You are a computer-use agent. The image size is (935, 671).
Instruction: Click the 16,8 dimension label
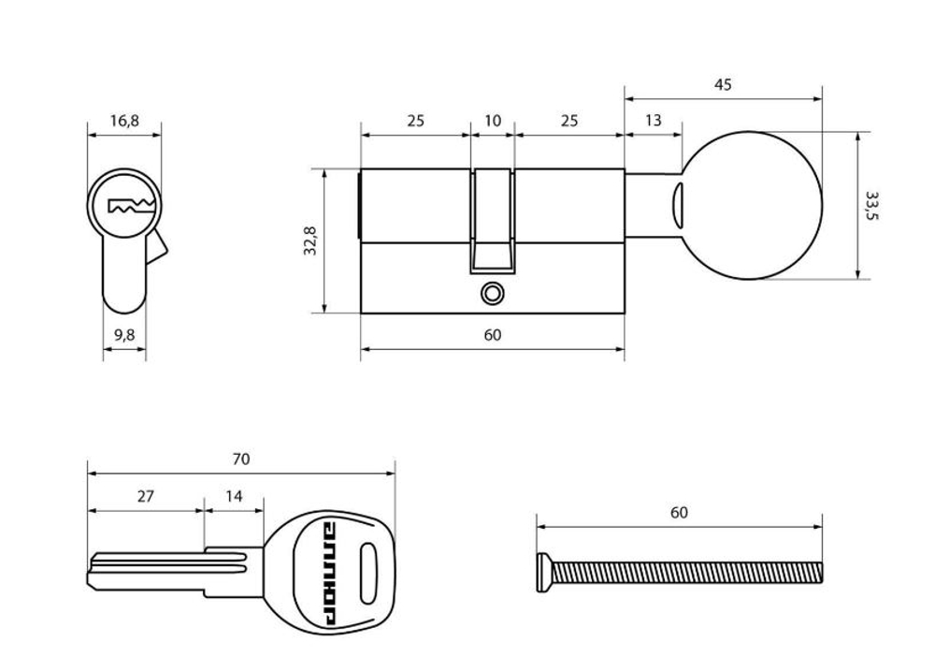pos(124,121)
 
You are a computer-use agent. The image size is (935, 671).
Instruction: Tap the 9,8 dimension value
pos(124,335)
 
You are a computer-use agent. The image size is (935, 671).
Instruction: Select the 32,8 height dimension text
pos(310,241)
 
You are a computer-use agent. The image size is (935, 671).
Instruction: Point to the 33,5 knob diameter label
pos(871,205)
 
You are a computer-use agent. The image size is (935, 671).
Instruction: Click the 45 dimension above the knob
pos(723,85)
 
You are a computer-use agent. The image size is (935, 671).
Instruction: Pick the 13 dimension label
pos(654,121)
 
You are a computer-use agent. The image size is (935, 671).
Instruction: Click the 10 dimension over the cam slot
pos(493,121)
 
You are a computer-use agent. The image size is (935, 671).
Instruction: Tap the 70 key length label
pos(241,459)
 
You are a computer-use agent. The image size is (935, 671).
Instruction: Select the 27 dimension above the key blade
pos(146,496)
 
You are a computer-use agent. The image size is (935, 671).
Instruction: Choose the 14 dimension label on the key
pos(235,496)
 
